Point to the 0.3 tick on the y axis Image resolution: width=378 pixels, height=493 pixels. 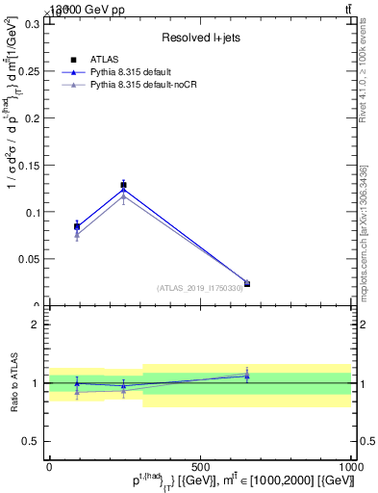[33, 23]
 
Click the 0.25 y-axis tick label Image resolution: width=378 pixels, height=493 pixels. [29, 70]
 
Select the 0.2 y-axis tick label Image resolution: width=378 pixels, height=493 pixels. [33, 117]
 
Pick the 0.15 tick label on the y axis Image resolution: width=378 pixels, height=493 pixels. [29, 165]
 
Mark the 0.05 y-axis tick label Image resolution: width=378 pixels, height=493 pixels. [29, 259]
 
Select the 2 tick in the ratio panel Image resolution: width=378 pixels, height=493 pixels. [37, 324]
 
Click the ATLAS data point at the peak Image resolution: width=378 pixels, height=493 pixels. [123, 184]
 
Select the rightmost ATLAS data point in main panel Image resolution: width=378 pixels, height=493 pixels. [247, 283]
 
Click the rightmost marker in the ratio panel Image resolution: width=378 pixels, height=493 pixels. [247, 376]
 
